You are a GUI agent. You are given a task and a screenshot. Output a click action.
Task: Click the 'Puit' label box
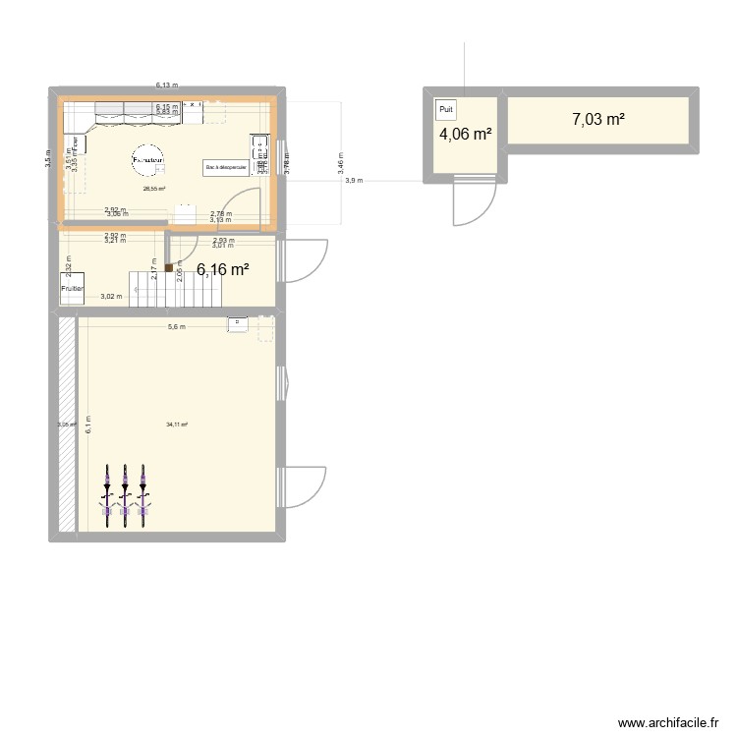tap(447, 110)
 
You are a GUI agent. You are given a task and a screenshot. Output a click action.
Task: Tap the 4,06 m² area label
tap(465, 136)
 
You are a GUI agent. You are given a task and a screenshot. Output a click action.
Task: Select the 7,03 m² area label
tap(598, 120)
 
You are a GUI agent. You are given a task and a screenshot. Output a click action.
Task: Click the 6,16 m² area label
tap(223, 270)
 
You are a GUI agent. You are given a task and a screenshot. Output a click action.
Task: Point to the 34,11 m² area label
tap(177, 425)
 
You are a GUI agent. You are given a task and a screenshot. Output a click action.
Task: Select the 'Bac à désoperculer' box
tap(227, 168)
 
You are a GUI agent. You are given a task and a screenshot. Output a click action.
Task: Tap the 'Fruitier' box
tap(72, 289)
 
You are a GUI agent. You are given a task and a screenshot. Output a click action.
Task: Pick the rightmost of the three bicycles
tap(144, 495)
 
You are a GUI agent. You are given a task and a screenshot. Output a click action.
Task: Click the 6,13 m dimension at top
tap(166, 85)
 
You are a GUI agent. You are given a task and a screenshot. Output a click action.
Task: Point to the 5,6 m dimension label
tap(176, 327)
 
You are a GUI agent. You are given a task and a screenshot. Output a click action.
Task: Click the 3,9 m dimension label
tap(353, 181)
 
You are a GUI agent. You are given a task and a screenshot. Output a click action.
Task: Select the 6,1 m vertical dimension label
tap(87, 425)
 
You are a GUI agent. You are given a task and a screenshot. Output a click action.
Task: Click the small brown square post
tap(168, 267)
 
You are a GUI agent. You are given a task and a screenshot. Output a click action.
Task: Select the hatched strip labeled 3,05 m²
tap(67, 425)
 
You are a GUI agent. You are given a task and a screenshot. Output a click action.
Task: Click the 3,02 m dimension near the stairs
tap(112, 296)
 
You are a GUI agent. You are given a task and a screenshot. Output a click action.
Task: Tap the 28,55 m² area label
tap(153, 189)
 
